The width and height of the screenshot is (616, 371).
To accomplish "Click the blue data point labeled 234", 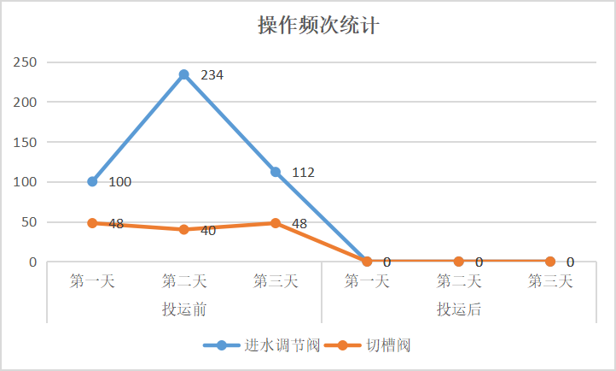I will click(183, 74).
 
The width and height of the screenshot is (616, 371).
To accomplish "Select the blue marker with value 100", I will click(92, 181).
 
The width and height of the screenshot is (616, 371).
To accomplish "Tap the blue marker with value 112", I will click(276, 172).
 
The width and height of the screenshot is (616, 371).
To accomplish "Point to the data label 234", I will click(212, 75).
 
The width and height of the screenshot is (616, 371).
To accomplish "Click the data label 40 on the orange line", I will click(208, 231).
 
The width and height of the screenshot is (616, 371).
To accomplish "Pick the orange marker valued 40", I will click(183, 229).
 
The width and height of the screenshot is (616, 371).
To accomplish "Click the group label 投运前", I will click(183, 309).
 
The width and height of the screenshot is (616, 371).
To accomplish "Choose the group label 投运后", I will click(459, 309).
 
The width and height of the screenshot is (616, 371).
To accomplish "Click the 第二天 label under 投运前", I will click(183, 280).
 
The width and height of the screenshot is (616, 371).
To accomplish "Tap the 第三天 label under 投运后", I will click(550, 280).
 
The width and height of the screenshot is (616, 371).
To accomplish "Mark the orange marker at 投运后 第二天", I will click(459, 262).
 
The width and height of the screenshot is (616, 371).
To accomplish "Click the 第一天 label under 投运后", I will click(367, 280).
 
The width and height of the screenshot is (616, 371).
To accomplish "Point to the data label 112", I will click(303, 173).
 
